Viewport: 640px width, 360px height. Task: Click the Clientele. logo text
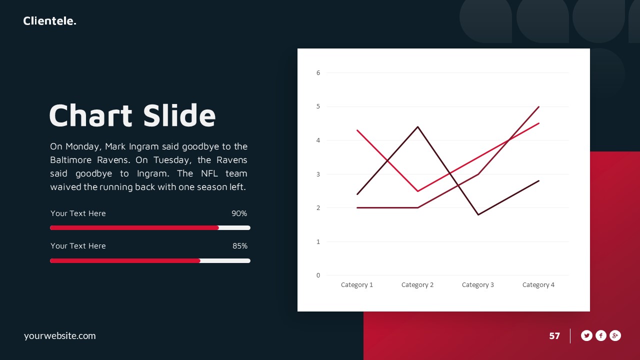point(49,21)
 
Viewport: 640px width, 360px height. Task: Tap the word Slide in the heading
point(179,115)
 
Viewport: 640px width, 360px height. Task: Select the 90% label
point(239,213)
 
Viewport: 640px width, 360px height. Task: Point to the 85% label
point(239,246)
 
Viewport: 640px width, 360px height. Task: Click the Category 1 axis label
point(357,285)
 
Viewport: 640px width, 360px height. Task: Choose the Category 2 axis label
point(417,285)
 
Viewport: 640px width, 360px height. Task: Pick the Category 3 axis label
point(478,285)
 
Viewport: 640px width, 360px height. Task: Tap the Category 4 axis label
point(538,285)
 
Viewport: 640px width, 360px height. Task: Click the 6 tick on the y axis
point(318,73)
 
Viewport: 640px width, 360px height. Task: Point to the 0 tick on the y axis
point(318,275)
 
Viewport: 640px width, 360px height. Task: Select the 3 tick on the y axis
point(318,174)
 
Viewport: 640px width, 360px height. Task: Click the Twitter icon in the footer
point(586,336)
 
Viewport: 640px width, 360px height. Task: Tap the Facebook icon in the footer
point(601,336)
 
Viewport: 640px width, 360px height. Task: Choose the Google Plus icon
point(615,336)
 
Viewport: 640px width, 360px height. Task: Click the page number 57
point(554,336)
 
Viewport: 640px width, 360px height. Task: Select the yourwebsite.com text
point(59,336)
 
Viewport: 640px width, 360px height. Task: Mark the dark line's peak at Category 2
point(417,126)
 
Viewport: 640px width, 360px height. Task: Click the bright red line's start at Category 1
point(357,130)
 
